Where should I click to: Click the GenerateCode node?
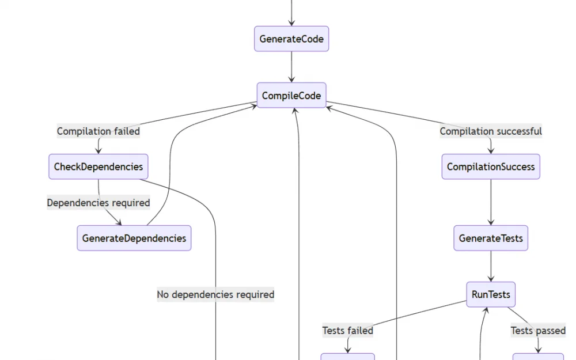291,39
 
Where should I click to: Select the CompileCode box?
291,96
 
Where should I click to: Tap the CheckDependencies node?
98,167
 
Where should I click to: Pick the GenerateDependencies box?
134,238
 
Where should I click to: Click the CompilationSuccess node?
491,167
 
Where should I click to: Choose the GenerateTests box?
491,238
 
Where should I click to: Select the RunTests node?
491,294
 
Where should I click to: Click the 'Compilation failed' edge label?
98,131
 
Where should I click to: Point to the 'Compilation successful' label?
491,131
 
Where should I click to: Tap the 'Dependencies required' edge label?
98,203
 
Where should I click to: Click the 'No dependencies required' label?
215,294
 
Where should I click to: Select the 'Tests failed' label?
347,331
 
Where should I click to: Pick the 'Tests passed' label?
538,331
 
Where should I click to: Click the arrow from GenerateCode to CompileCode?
291,67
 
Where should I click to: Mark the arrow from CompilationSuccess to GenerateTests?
491,202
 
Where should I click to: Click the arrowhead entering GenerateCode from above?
291,22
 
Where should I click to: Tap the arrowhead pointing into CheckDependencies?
98,150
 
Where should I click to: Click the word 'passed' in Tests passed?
550,331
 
